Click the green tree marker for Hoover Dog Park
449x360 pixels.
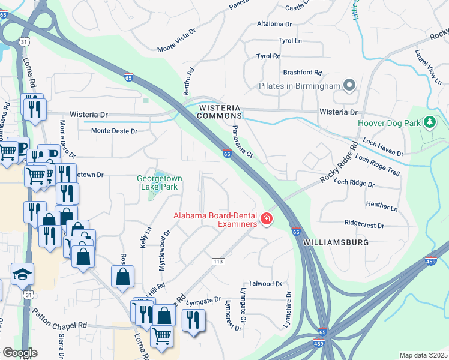[x=429, y=122]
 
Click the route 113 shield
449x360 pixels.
[x=218, y=261]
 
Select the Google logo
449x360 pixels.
[x=19, y=353]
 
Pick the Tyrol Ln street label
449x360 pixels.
[x=290, y=41]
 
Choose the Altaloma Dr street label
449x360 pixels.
[x=274, y=24]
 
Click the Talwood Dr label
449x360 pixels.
[x=265, y=284]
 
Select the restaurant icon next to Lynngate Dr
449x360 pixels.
[x=193, y=319]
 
